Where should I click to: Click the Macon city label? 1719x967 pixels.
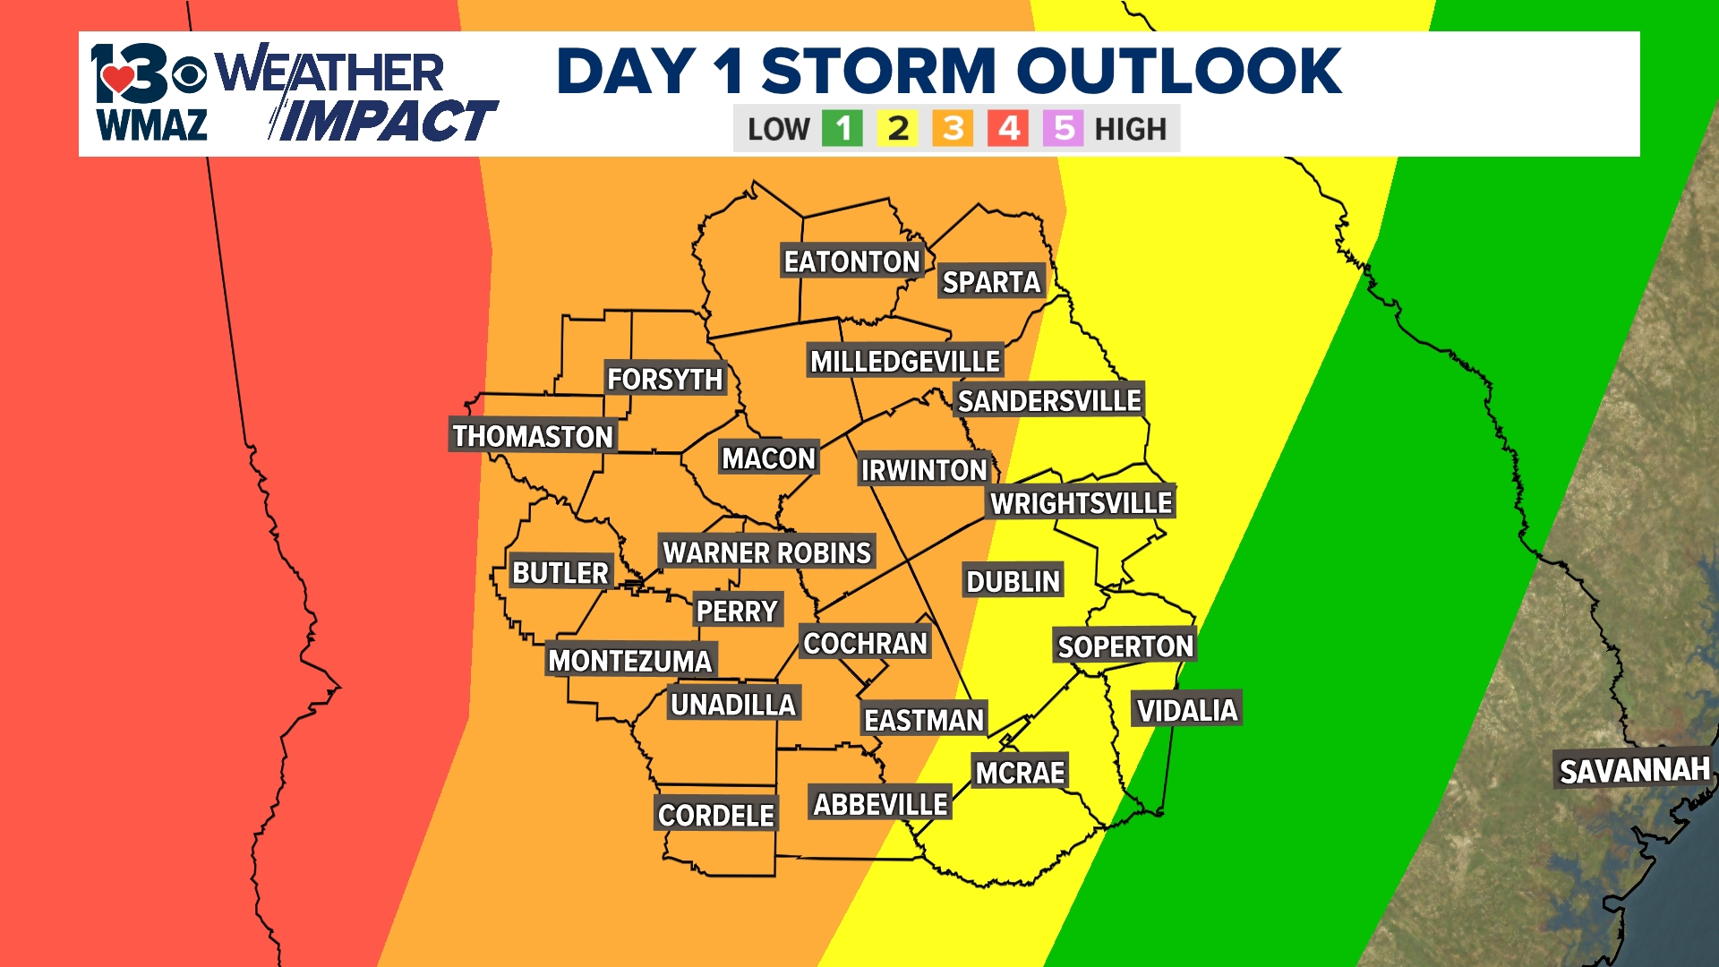[x=768, y=458]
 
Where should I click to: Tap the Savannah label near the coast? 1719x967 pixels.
[x=1634, y=771]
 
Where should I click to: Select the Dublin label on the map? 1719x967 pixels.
[x=1013, y=582]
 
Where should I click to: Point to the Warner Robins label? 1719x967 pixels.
[x=766, y=552]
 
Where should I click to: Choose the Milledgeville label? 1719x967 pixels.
[x=904, y=362]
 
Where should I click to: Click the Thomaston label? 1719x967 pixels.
[x=533, y=436]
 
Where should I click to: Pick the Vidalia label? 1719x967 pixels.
[x=1186, y=711]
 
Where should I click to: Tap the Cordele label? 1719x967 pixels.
[x=715, y=815]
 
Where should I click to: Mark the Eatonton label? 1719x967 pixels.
[x=851, y=261]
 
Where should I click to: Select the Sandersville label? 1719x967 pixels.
[x=1049, y=401]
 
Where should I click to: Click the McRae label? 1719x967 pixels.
[x=1020, y=773]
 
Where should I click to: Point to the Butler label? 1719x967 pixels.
[x=560, y=573]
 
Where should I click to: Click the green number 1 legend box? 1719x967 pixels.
[x=842, y=129]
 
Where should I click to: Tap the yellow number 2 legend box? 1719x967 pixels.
[x=898, y=129]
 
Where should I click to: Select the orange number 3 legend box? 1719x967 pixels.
[x=954, y=129]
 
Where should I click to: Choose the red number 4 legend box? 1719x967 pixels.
[x=1009, y=129]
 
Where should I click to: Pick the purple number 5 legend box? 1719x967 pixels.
[x=1064, y=129]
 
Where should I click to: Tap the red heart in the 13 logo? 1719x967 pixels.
[x=117, y=79]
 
